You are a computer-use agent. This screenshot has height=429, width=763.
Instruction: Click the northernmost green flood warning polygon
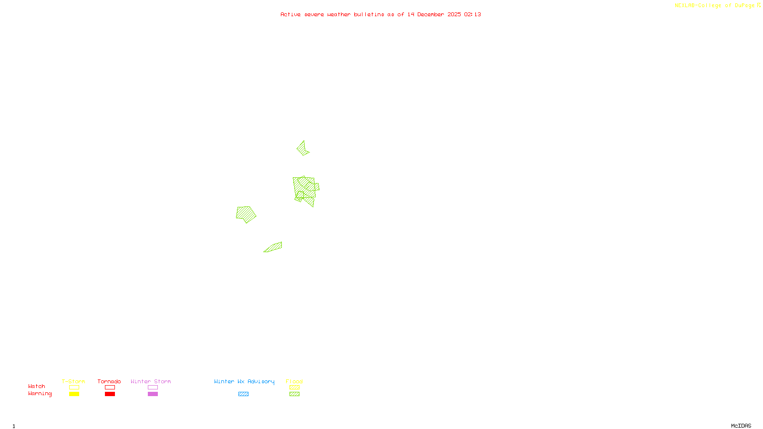(x=302, y=148)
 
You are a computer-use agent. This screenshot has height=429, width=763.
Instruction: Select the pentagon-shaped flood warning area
(x=246, y=214)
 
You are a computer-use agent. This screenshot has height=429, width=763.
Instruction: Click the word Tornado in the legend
(x=109, y=381)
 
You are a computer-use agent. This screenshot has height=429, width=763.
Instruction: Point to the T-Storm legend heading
(x=73, y=381)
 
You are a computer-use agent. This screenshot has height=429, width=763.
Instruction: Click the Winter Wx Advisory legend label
(x=244, y=381)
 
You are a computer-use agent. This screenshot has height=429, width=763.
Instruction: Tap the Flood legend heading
(x=294, y=381)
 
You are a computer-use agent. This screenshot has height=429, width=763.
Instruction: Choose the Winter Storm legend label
(x=151, y=381)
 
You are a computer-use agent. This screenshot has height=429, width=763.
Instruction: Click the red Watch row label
(x=37, y=386)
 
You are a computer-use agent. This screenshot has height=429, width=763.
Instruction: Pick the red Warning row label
(x=40, y=394)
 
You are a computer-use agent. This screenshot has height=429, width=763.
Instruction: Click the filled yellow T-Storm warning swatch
(x=74, y=394)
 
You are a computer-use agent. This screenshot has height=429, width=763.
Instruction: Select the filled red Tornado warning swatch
(x=110, y=394)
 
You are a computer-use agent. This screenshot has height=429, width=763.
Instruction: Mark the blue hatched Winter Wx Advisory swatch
(x=243, y=394)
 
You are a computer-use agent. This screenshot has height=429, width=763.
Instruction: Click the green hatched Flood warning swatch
(x=294, y=394)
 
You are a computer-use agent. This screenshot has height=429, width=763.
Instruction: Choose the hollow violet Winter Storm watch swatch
(x=153, y=388)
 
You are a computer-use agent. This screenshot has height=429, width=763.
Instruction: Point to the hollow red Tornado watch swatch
(x=110, y=388)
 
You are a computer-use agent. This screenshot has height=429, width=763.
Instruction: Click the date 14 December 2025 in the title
(x=434, y=14)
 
